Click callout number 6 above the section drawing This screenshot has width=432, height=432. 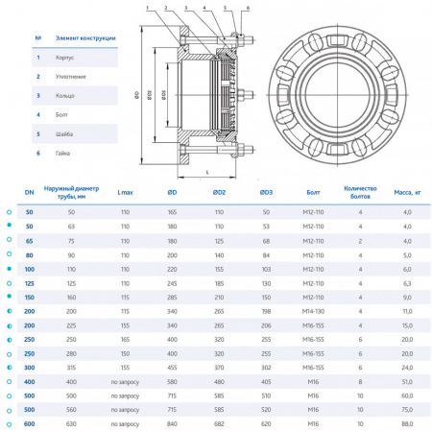(x=247, y=7)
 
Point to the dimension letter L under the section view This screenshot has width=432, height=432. (x=207, y=172)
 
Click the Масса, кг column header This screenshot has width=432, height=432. (x=406, y=192)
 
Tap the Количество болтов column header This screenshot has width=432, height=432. (x=361, y=192)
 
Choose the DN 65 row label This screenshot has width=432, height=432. (x=29, y=242)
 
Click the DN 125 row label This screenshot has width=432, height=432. (x=29, y=284)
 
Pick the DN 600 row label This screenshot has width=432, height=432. (x=29, y=423)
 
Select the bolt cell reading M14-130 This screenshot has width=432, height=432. (x=314, y=312)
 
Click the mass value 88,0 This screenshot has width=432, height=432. (x=406, y=423)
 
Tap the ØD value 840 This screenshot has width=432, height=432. (x=173, y=423)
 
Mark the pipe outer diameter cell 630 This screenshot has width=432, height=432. (x=70, y=423)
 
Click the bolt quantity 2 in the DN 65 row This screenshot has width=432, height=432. (x=361, y=242)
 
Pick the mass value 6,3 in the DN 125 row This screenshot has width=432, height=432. (x=406, y=284)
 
